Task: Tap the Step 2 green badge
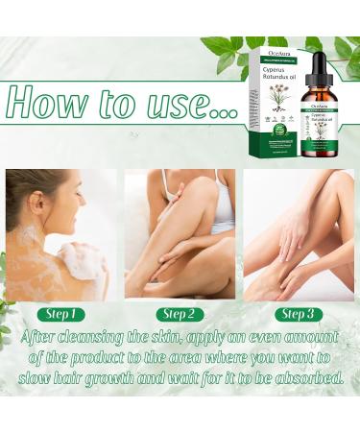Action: click(180, 314)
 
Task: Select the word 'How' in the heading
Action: click(55, 100)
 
